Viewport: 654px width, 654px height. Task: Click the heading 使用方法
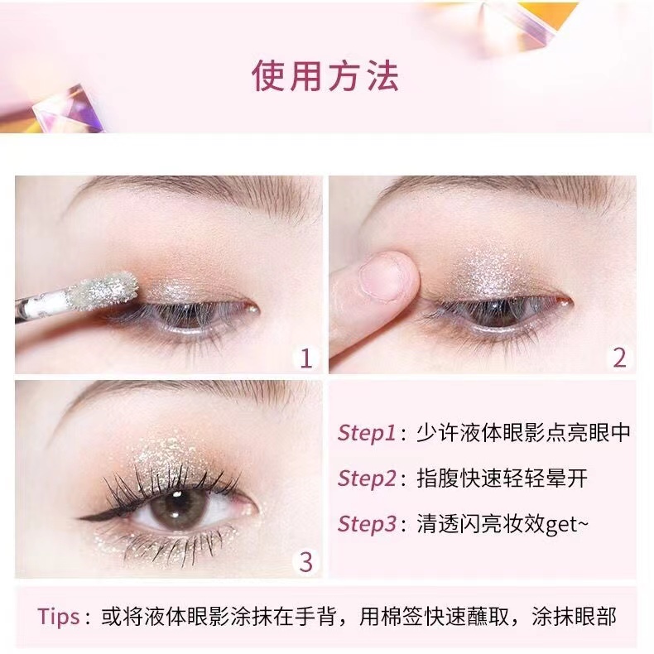(325, 75)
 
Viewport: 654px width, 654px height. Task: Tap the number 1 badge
(305, 358)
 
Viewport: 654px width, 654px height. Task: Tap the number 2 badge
(619, 358)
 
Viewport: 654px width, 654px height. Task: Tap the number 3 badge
(305, 561)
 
